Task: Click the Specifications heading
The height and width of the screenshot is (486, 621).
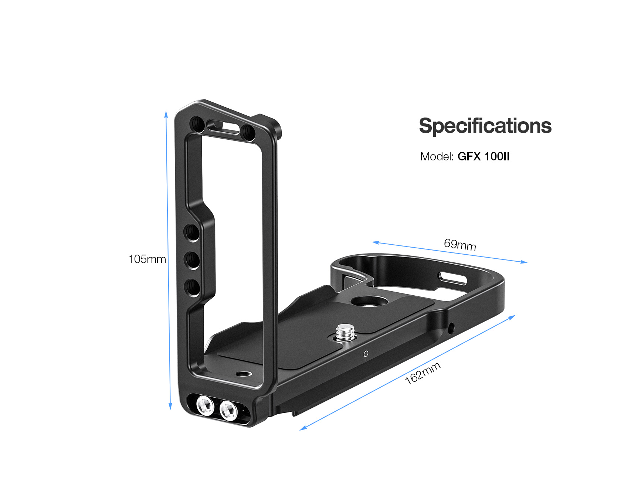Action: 485,126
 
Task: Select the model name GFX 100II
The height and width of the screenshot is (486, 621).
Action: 483,156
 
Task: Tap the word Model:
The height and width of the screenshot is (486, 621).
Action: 437,156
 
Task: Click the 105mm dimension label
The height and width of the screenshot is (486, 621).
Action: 147,259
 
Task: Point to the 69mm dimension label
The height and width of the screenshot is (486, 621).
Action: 460,244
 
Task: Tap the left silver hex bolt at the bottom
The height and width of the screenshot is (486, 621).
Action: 205,406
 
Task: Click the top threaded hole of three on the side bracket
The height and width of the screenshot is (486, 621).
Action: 192,232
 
